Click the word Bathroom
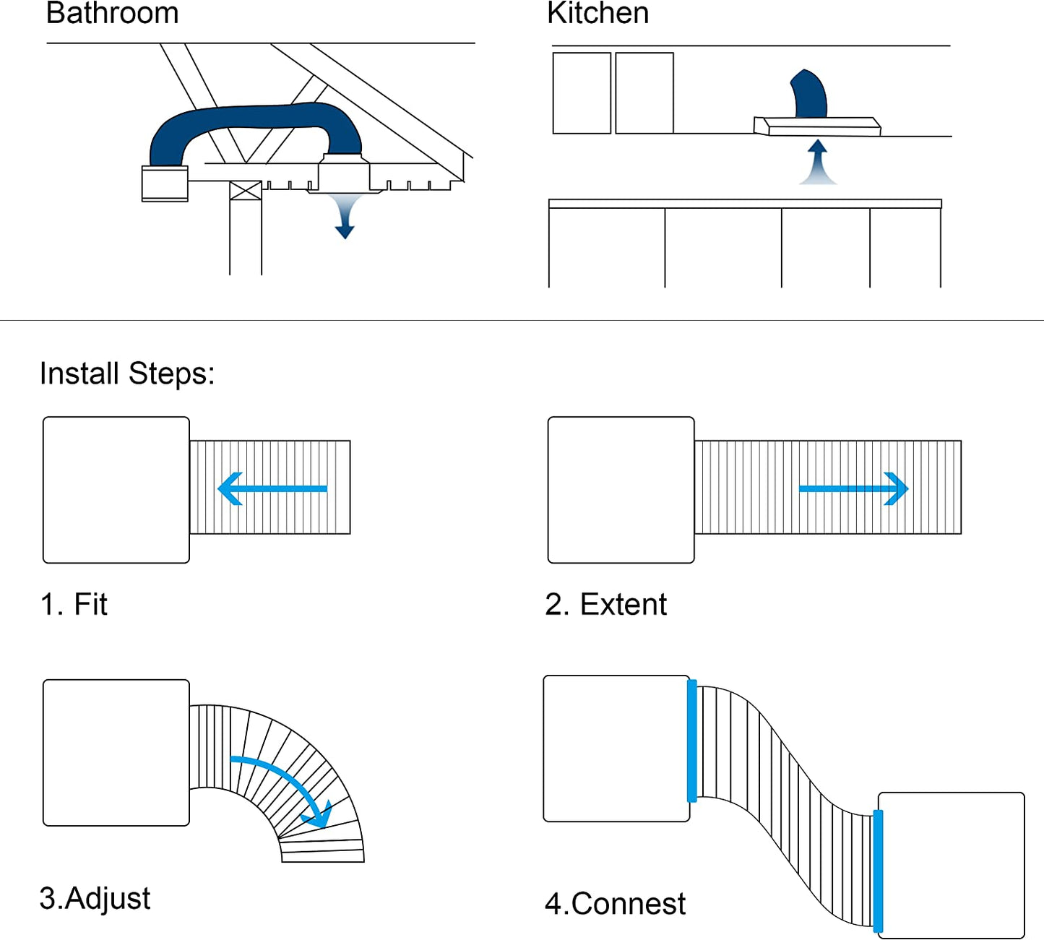(x=112, y=13)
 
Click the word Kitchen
(x=598, y=13)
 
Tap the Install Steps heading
(x=127, y=374)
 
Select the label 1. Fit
(x=74, y=604)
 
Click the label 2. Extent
(x=605, y=604)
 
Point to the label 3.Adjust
(x=95, y=898)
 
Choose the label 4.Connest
(x=615, y=904)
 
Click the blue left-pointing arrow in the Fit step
(x=272, y=488)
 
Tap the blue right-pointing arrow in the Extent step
(x=853, y=488)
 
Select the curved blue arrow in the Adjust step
(x=285, y=780)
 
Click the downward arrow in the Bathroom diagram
(x=345, y=216)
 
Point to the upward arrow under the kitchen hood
(x=817, y=163)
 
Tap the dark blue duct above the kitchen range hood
(x=809, y=94)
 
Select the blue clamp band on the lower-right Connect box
(x=878, y=871)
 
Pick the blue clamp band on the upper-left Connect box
(x=692, y=741)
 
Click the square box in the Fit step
(x=116, y=490)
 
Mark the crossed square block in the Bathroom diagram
(x=245, y=191)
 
